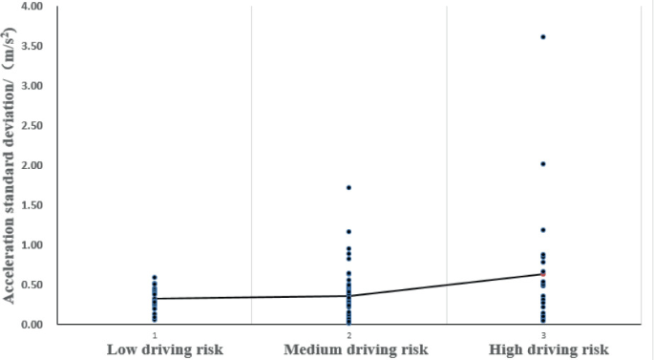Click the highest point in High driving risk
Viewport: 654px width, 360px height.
tap(543, 37)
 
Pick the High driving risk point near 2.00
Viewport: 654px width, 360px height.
tap(543, 164)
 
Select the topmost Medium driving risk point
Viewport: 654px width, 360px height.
tap(348, 187)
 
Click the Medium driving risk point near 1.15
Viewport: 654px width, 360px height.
tap(348, 231)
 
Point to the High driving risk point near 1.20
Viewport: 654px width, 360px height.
tap(543, 230)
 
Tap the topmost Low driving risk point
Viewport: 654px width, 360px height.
tap(154, 278)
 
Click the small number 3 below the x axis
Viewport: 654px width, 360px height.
tap(543, 335)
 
